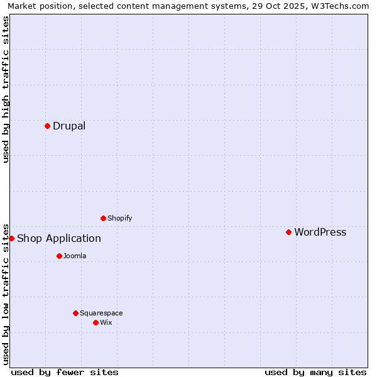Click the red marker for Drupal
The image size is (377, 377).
coord(47,126)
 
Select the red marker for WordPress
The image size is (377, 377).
coord(288,232)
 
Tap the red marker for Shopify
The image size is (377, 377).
coord(103,218)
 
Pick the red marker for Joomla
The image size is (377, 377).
coord(59,256)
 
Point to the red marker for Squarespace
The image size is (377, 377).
coord(75,313)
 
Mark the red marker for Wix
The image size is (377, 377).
coord(96,322)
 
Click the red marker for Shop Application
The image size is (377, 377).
coord(11,238)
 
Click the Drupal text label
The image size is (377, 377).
coord(69,126)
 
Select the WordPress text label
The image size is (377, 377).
coord(320,232)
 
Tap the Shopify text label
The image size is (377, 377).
coord(119,218)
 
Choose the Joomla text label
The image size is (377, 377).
coord(75,256)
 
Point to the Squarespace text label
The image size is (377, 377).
coord(101,313)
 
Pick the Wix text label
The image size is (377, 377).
coord(106,322)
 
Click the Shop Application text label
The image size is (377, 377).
coord(59,238)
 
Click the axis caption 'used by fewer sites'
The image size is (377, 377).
coord(65,372)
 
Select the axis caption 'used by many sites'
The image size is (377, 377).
coord(315,372)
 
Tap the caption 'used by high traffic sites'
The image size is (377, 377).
coord(6,89)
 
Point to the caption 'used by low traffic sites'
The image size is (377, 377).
coord(6,293)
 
